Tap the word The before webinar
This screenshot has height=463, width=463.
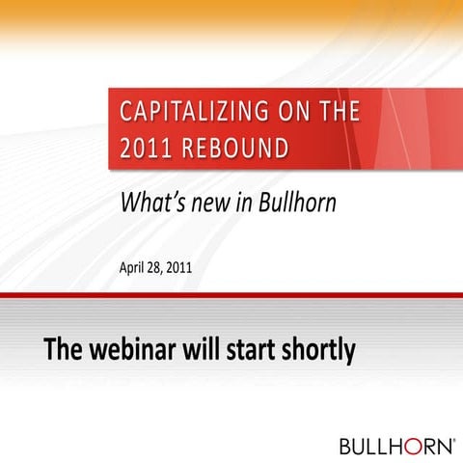tap(63, 349)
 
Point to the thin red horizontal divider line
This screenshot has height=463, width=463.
tap(231, 294)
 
